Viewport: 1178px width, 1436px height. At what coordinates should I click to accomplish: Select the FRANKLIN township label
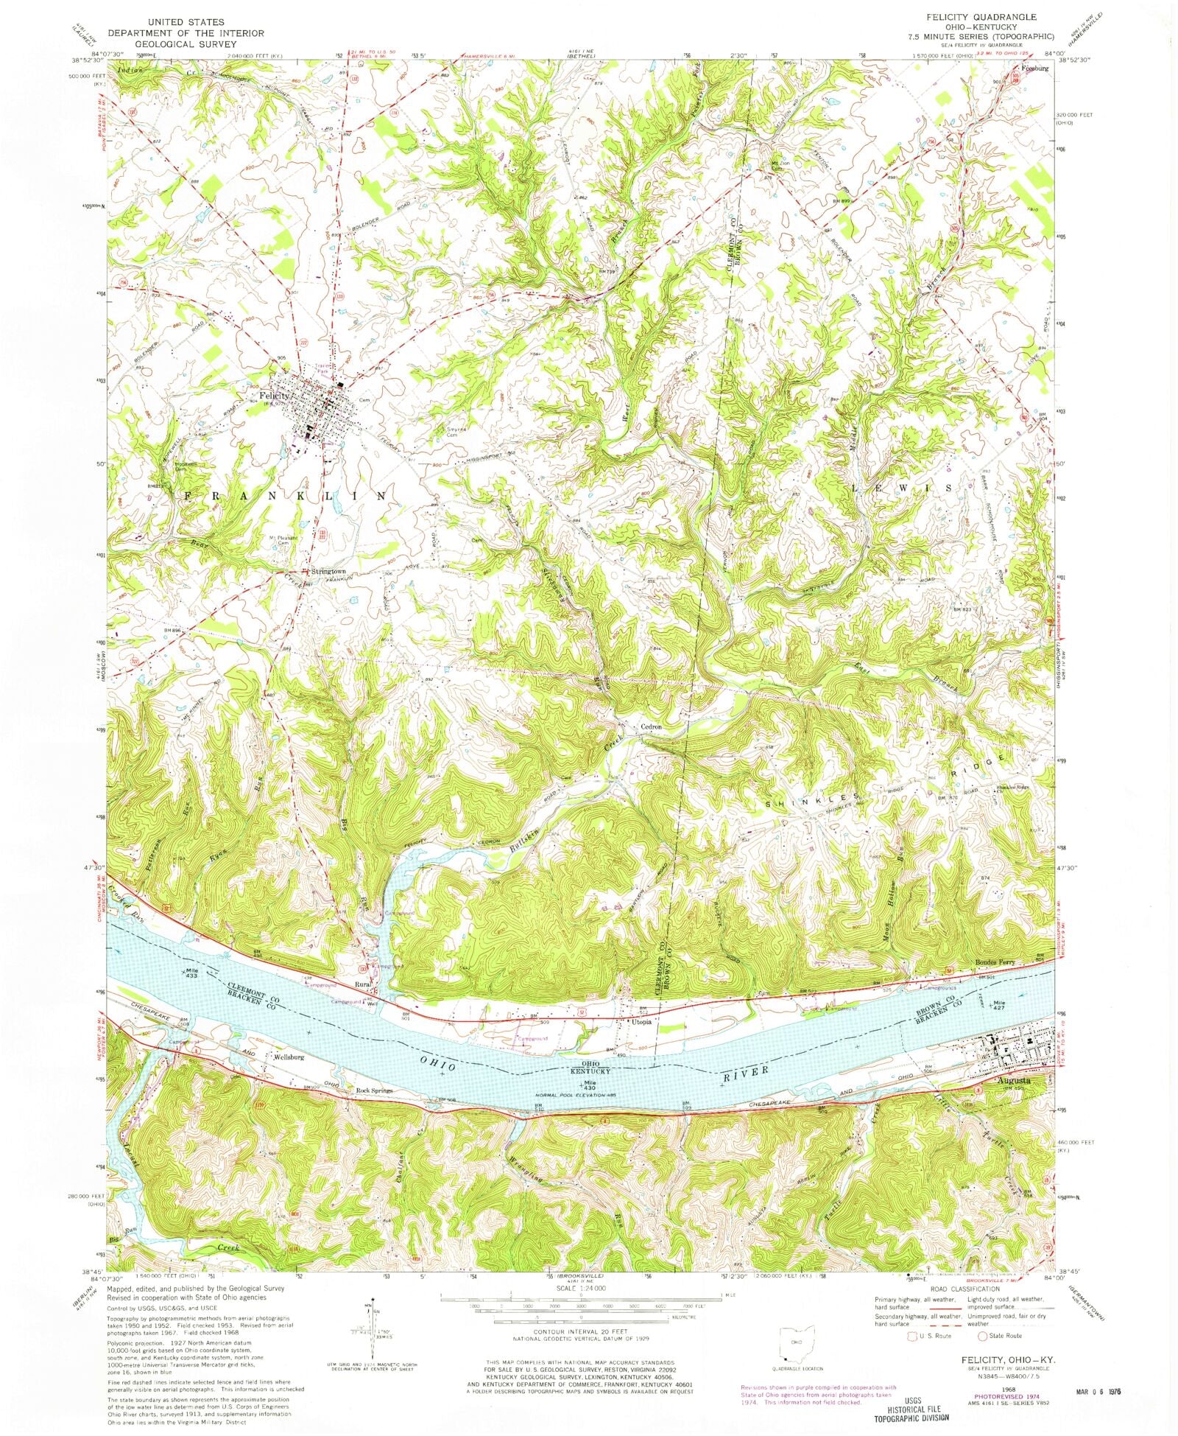point(283,496)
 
